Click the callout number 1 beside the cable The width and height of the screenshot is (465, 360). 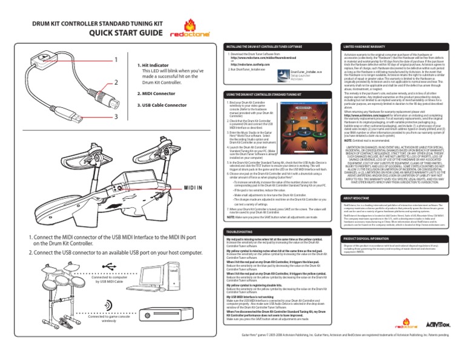point(115,60)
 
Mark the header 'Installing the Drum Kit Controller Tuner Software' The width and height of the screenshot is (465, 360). point(263,46)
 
